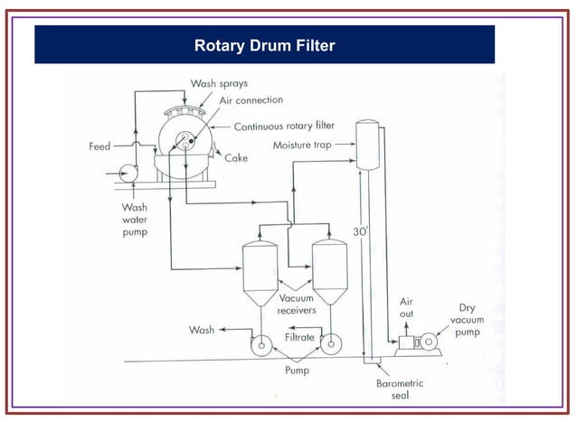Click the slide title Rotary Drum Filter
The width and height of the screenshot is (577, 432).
(x=264, y=44)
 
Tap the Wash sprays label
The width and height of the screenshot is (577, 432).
(x=218, y=83)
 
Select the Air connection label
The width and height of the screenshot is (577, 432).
(x=251, y=100)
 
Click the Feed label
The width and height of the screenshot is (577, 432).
(x=99, y=146)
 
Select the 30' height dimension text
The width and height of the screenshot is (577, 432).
(x=360, y=231)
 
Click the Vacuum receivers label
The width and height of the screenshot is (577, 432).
(x=297, y=304)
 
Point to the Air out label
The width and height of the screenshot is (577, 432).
(x=407, y=307)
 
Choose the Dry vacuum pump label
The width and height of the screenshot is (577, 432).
(x=467, y=320)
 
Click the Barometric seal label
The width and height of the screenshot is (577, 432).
(x=400, y=390)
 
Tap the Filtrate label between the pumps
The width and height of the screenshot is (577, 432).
(x=299, y=337)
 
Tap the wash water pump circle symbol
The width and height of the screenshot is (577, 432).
(x=121, y=172)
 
